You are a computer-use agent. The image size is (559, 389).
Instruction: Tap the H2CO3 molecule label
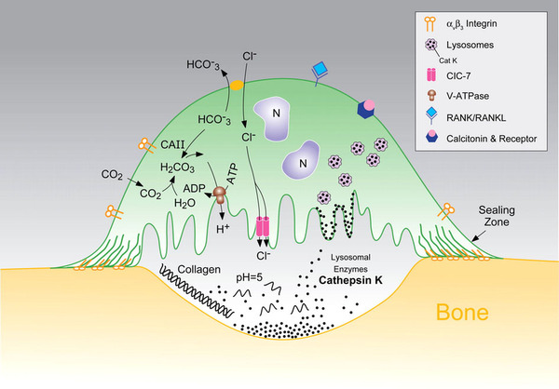point(180,168)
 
